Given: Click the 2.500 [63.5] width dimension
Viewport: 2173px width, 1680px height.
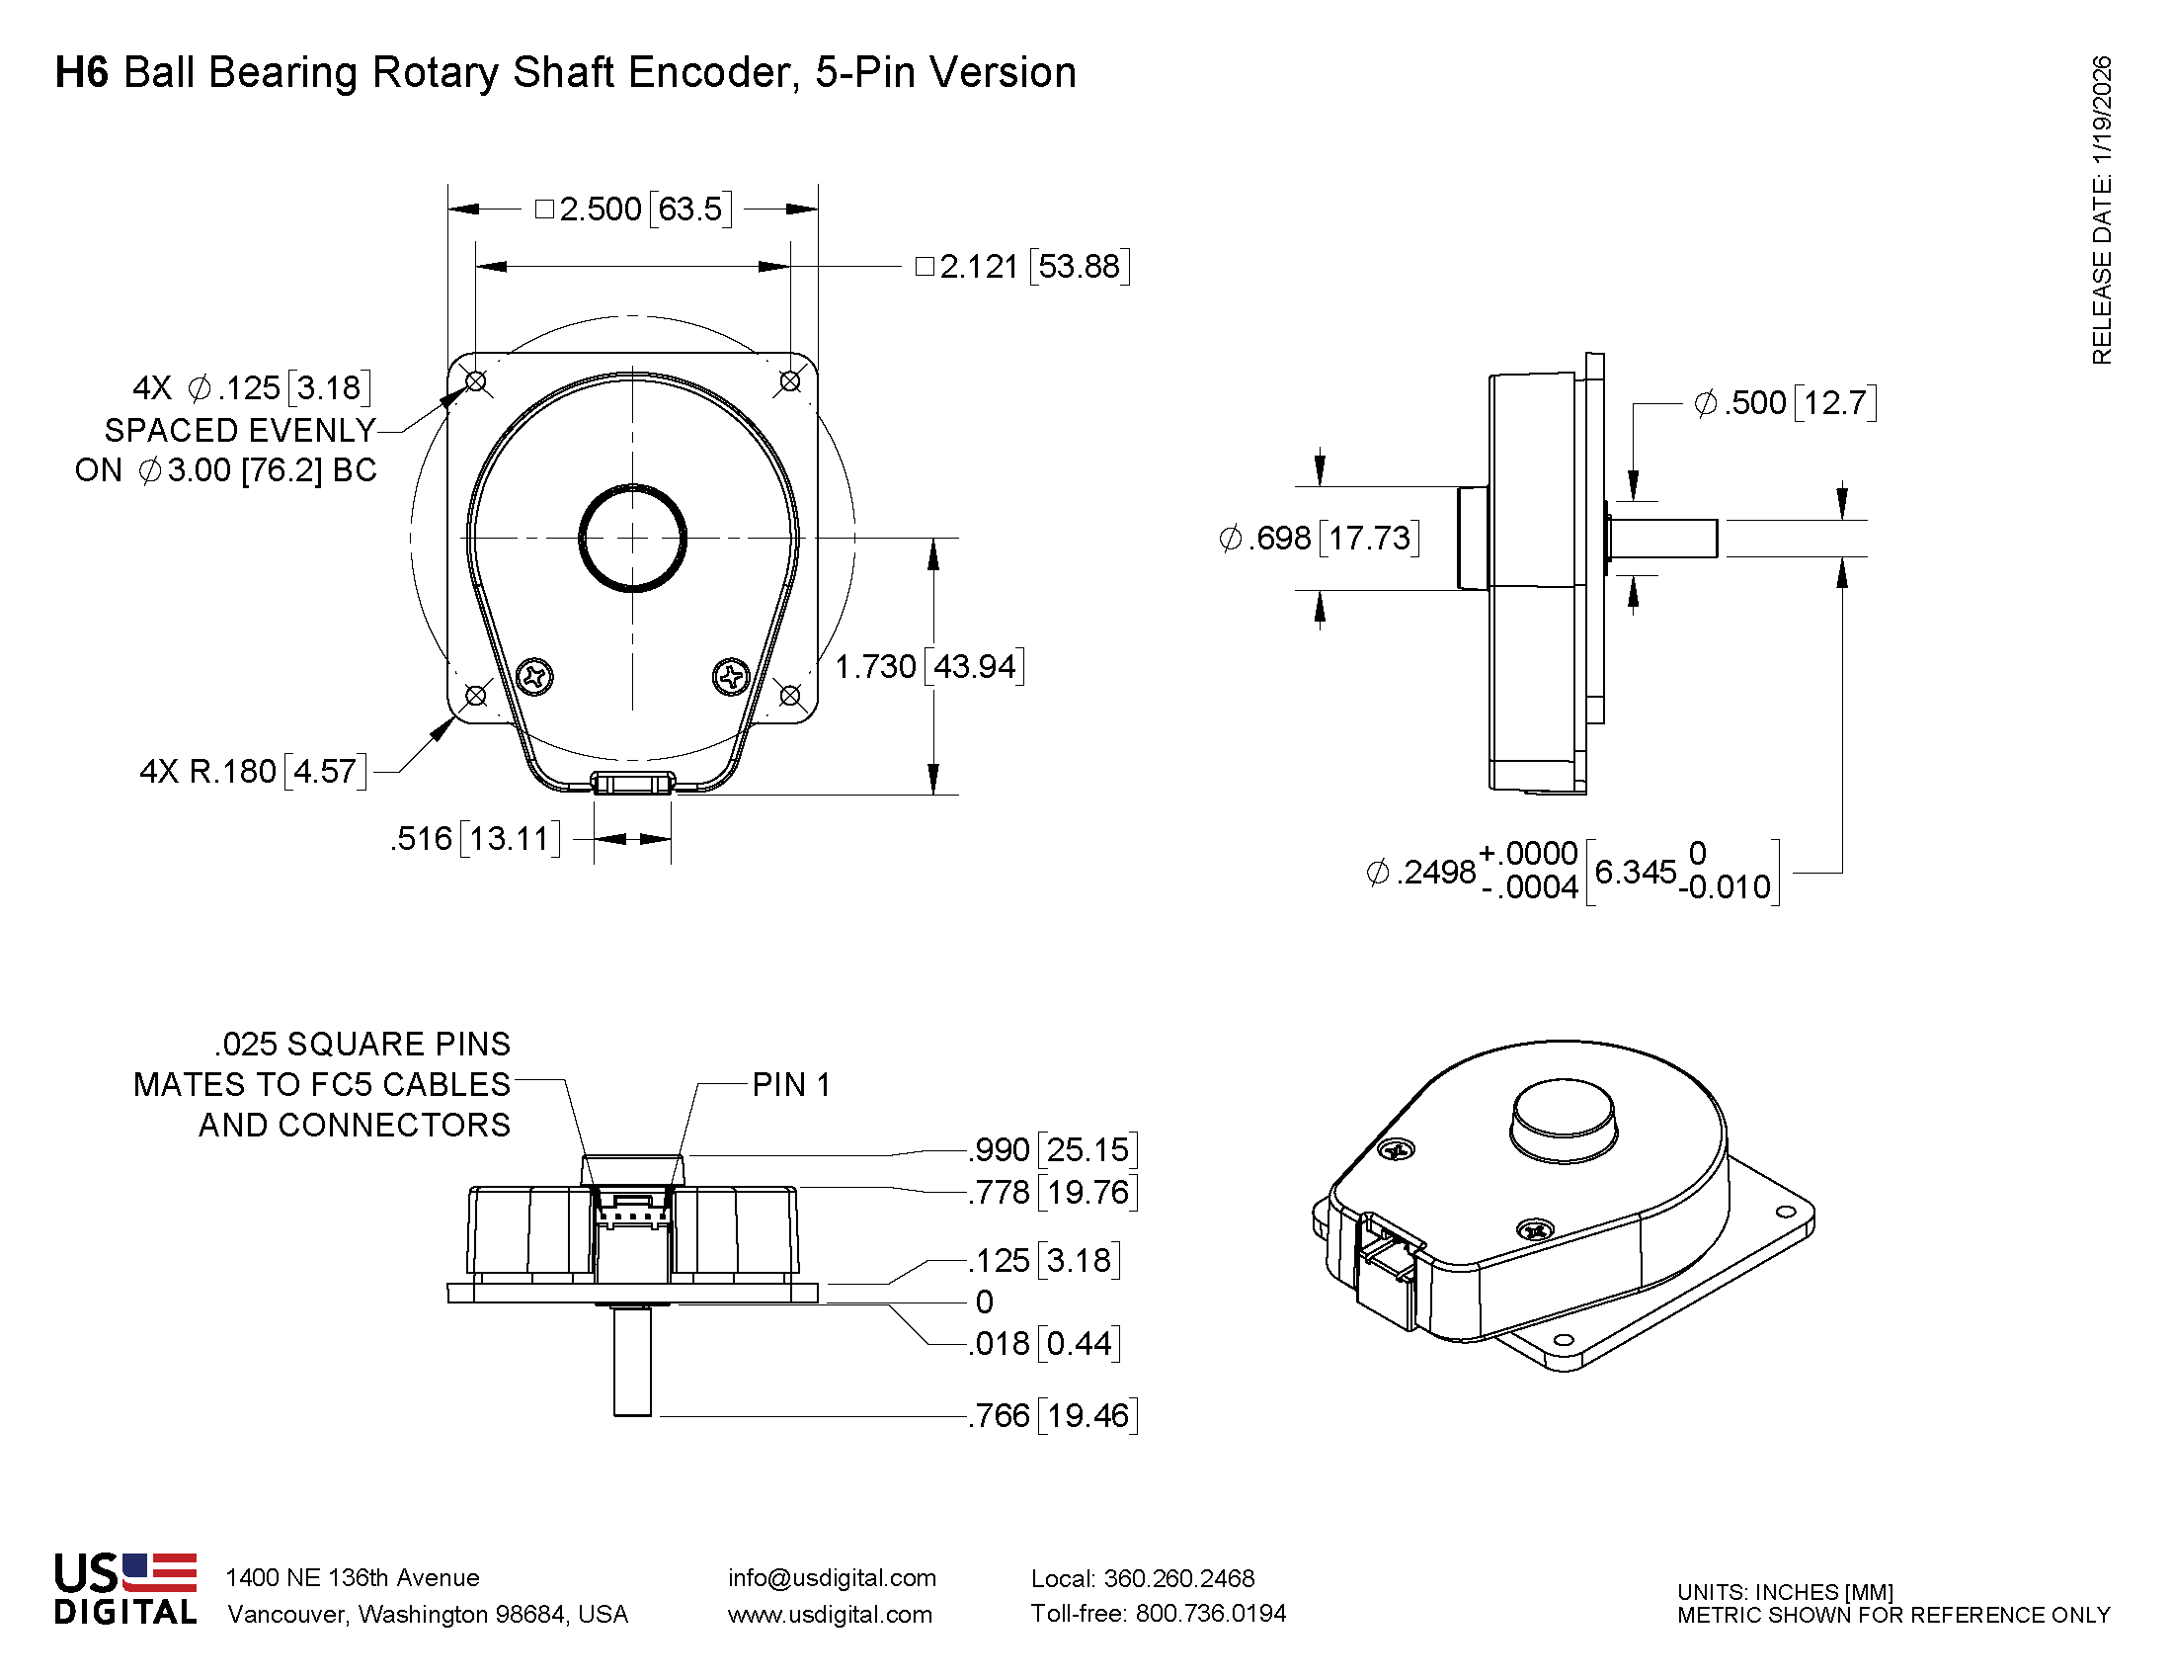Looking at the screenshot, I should point(634,209).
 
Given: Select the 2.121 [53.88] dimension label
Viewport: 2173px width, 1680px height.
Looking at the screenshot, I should point(1023,267).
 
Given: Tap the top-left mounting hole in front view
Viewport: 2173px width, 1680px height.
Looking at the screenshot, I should point(476,381).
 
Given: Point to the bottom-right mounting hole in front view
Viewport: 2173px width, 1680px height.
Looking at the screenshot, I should point(790,695).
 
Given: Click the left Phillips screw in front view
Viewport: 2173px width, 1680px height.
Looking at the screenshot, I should point(535,678).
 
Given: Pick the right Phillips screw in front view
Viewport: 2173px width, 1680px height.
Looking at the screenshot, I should point(732,678).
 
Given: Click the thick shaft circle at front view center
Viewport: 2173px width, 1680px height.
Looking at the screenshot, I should point(633,539).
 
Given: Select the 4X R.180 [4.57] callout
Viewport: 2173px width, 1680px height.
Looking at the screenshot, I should point(253,772).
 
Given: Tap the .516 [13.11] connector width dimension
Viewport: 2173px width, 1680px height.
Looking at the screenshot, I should point(474,839).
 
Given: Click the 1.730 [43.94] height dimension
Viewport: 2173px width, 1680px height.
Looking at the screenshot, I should point(929,667).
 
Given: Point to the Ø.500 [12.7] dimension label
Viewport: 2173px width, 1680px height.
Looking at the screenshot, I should point(1785,403).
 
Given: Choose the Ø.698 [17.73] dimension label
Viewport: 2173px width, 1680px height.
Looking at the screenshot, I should point(1319,539).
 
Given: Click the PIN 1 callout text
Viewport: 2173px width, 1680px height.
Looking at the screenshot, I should point(791,1085).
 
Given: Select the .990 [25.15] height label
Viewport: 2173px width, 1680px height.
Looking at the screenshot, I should point(1053,1150).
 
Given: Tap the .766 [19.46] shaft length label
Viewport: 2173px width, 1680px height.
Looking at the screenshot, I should point(1053,1415).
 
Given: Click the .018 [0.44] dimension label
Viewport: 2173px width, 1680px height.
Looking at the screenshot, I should point(1045,1344).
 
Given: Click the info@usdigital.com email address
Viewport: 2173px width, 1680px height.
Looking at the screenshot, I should point(832,1578).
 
